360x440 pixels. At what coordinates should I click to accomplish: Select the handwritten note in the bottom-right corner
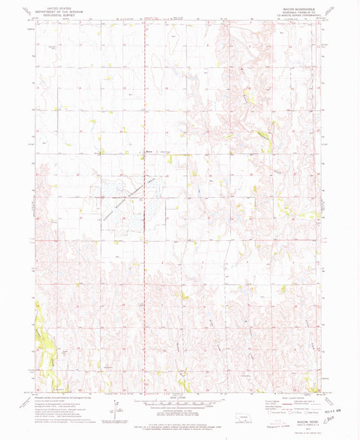point(338,427)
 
